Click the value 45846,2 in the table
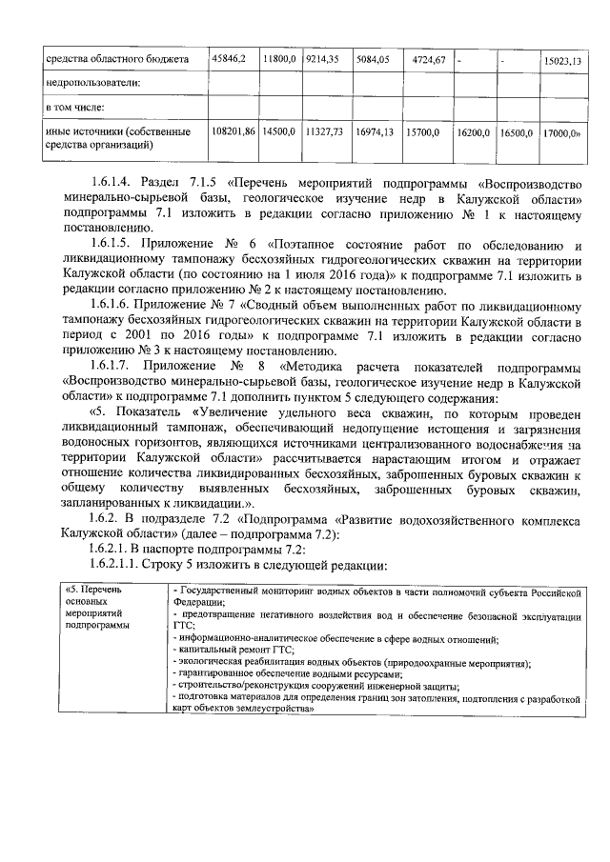coord(230,59)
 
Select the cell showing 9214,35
coord(322,59)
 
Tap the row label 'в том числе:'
coord(79,108)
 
